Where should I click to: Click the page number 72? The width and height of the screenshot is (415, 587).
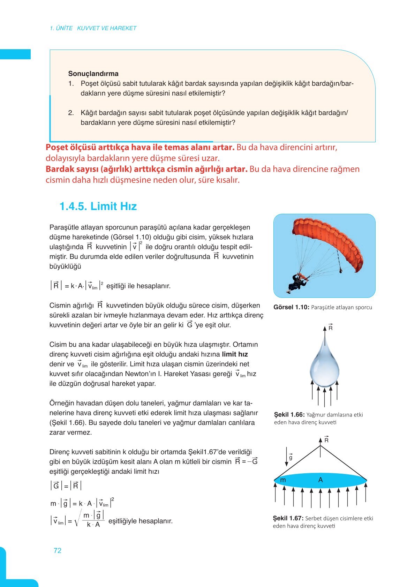point(58,550)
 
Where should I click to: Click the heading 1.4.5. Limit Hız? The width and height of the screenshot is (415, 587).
point(98,206)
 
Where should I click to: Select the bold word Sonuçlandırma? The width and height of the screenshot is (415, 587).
point(93,74)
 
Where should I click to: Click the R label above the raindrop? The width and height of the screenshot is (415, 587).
point(330,328)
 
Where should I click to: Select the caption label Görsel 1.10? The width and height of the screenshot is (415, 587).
point(291,307)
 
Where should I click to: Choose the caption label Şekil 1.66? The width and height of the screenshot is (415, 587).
point(289,415)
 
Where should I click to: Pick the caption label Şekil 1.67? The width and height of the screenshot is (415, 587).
point(288,518)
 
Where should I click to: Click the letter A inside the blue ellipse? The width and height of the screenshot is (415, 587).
point(320,480)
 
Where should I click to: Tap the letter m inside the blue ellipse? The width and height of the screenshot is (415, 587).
point(283,480)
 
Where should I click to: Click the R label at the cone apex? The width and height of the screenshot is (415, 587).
point(326,440)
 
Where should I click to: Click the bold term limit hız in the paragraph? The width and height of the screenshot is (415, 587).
point(235,354)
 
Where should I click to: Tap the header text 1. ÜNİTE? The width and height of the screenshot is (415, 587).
point(61,28)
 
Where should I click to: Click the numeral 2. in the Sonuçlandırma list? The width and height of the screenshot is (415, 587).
point(71,113)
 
